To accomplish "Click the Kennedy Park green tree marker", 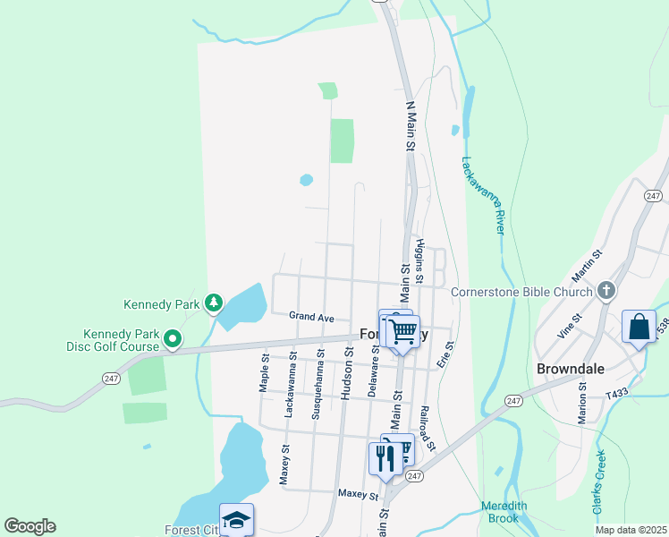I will [x=213, y=304].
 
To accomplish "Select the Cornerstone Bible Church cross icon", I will [x=606, y=291].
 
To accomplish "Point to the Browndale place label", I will [x=571, y=369].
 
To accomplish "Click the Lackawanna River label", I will [x=483, y=196].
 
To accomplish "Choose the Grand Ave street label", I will [x=311, y=317].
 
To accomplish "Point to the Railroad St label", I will [x=430, y=430].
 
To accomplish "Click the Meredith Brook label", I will [x=504, y=512].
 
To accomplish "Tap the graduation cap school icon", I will [x=236, y=519].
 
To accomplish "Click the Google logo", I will [x=30, y=526].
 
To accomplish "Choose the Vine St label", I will [x=570, y=324].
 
